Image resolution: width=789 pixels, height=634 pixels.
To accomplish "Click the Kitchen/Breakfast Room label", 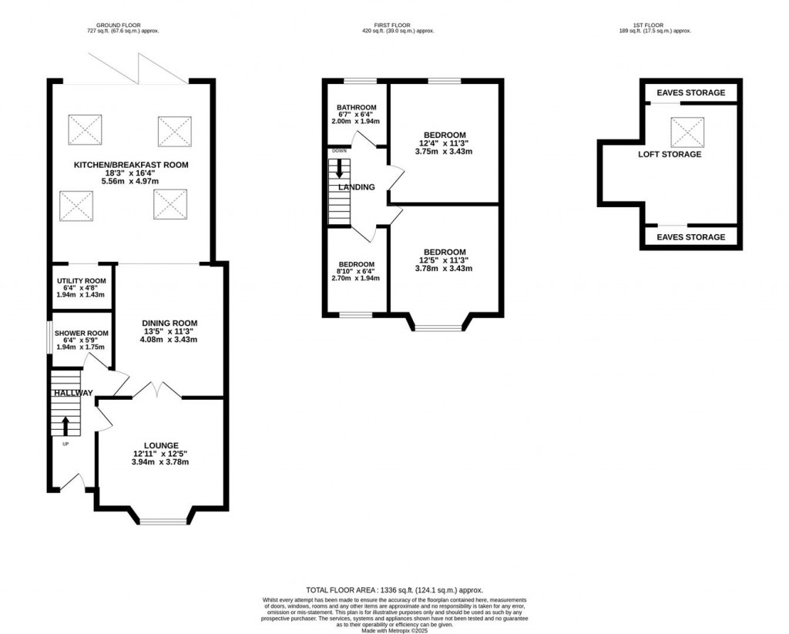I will pos(131,165).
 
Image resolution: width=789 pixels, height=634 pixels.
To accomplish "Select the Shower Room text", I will pos(81,334).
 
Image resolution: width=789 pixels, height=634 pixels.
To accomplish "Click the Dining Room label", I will pos(170,324).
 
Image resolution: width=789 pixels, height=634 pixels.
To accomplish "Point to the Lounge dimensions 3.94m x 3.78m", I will pos(160,462).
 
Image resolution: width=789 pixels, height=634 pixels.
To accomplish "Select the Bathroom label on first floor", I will pos(356,107).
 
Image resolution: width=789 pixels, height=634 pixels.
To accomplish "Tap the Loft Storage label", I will pos(670,154).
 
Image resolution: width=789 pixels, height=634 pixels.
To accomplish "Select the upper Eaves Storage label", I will pos(690,93).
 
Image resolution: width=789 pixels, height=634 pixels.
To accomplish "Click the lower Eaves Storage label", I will pos(690,237).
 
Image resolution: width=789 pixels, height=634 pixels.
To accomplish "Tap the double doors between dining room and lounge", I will pos(157,391).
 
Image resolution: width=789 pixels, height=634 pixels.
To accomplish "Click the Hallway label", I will pos(72,393).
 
